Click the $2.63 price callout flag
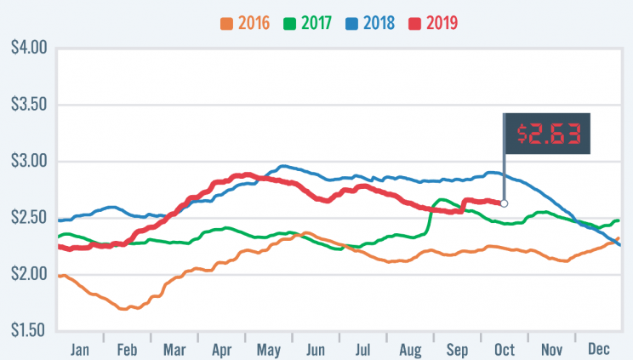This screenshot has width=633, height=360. click(x=548, y=134)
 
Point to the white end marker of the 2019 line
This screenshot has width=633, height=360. click(x=504, y=203)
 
